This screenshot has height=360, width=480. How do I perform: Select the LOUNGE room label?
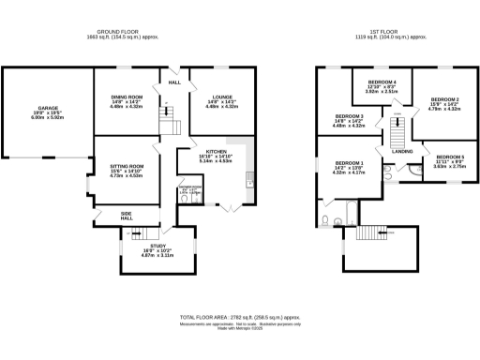[x=211, y=97]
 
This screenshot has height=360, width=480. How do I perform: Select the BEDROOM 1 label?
[x=350, y=163]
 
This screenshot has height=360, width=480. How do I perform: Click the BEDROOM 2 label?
[x=443, y=99]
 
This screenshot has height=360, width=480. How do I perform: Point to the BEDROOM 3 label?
[x=348, y=116]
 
